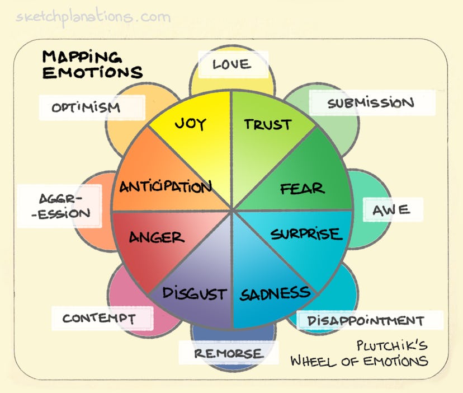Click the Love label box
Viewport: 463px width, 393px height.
tap(232, 65)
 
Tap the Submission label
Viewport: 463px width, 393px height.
tap(371, 104)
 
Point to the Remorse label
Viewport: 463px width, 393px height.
tap(228, 353)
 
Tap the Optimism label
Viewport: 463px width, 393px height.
tap(86, 107)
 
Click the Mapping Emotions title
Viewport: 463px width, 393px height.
tap(92, 64)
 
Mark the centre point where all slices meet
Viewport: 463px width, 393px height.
tap(232, 210)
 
